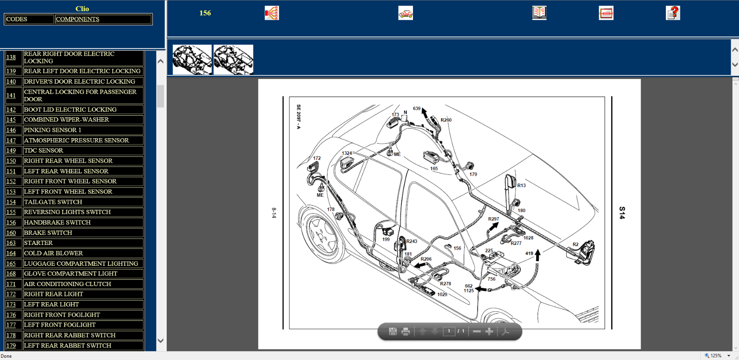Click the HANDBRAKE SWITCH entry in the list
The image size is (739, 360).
tap(57, 222)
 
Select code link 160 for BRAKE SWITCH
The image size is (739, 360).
tap(11, 232)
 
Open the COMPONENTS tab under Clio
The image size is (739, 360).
tap(78, 19)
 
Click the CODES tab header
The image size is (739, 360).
tap(17, 19)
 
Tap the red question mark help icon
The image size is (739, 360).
tap(672, 13)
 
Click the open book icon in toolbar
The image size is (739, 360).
tap(539, 13)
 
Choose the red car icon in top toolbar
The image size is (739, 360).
tap(406, 13)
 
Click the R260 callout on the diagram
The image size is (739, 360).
tap(446, 120)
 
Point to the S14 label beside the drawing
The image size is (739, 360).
tap(622, 213)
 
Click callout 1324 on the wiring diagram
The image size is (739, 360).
tap(347, 153)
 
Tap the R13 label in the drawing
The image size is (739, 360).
tap(521, 185)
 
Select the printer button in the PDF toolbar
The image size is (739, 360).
tap(406, 332)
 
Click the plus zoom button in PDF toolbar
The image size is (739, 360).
tap(489, 331)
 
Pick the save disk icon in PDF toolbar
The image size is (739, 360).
tap(393, 332)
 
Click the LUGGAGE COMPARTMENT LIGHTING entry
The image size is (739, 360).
tap(81, 264)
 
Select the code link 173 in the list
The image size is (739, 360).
tap(11, 304)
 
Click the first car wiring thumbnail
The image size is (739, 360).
tap(192, 60)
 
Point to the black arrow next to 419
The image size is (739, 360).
tap(538, 255)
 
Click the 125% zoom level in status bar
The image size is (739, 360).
tap(716, 356)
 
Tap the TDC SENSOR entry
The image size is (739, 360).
tap(43, 151)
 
